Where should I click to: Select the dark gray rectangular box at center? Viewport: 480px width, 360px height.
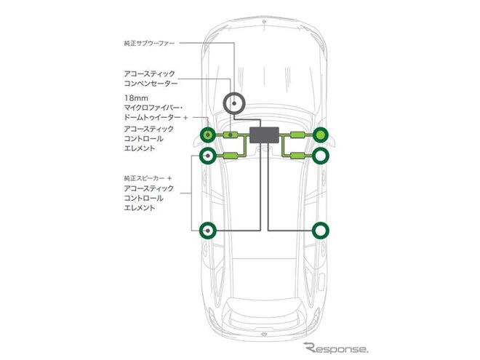pos(264,135)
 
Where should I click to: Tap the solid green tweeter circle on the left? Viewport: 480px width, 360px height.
pos(208,135)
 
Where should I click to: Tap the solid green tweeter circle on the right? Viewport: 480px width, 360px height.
pos(321,135)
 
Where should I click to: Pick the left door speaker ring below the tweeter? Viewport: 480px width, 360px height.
pos(201,156)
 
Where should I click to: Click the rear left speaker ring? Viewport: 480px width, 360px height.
pos(201,231)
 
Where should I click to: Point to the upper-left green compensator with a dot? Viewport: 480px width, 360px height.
pos(231,135)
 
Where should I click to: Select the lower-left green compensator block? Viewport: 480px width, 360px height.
pos(231,156)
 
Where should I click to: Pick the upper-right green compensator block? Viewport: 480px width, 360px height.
pos(297,135)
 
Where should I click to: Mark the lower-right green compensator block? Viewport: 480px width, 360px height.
pos(297,156)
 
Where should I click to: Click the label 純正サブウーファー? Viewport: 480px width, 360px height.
pos(149,43)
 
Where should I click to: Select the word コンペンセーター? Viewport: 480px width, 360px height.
pos(151,84)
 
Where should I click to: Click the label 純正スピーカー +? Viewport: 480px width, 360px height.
pos(148,178)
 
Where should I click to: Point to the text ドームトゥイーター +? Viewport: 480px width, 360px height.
pos(156,118)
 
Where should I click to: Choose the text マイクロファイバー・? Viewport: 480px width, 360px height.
pos(153,108)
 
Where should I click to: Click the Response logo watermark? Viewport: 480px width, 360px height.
pos(336,348)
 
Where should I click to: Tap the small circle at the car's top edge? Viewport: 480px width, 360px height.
pos(264,22)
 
